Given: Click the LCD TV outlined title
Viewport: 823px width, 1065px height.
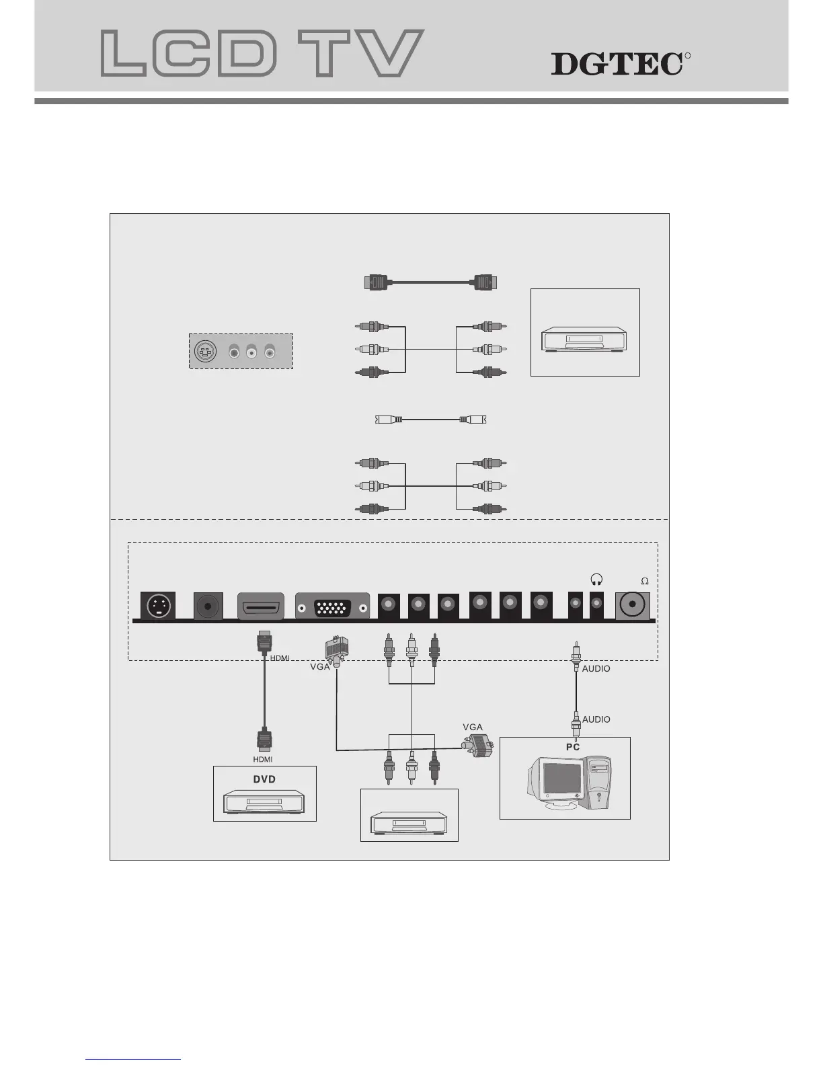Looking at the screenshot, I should pos(262,53).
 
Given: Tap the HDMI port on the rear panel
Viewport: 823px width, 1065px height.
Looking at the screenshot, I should pos(261,607).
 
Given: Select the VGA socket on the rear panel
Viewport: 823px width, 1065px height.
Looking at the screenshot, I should pos(332,608).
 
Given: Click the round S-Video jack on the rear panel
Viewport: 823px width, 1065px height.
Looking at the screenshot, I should pos(157,606).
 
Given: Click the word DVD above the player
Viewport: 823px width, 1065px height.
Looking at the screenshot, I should pos(264,779).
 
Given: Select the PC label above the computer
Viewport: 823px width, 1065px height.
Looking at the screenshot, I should pos(572,747).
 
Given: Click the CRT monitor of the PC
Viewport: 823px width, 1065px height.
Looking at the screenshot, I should pos(555,783).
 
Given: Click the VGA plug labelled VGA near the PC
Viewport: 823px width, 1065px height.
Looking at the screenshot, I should pos(477,745).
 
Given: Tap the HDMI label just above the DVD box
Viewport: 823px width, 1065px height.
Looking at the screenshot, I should pos(263,759).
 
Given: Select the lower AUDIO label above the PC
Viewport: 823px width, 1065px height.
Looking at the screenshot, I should pos(596,719).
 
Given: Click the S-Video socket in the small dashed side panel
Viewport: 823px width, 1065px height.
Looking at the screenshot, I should pos(204,351).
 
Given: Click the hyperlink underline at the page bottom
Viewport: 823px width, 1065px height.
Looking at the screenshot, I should pos(133,1059).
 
